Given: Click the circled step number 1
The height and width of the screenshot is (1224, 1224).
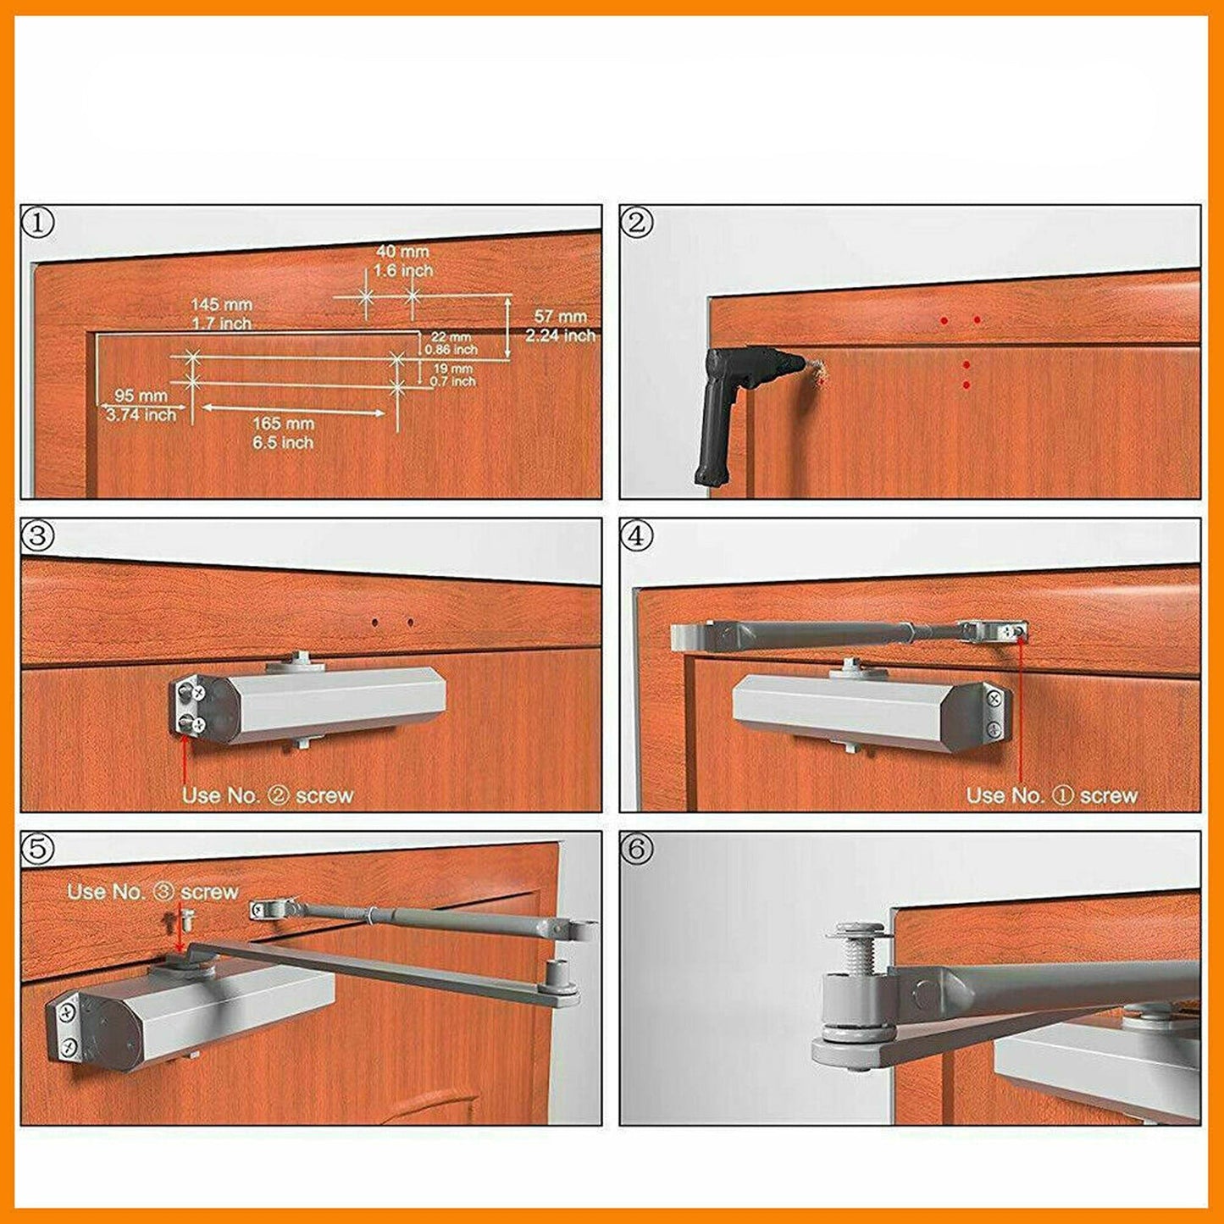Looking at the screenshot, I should [x=38, y=224].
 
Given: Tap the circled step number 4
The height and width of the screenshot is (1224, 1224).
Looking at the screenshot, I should [x=637, y=536].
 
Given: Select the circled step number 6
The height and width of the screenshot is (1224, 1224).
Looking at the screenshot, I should [x=637, y=850].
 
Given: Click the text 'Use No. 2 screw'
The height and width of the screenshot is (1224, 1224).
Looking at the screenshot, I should [x=267, y=795].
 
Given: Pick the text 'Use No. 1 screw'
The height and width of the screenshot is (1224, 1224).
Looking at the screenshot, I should [x=1051, y=795].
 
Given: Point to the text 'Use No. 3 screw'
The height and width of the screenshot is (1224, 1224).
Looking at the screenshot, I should [x=152, y=892].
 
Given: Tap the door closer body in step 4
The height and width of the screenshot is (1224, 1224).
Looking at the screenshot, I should [x=864, y=712].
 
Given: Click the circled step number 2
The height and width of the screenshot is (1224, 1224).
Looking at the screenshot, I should [x=637, y=224].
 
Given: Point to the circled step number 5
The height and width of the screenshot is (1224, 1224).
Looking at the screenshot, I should [x=38, y=850].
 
